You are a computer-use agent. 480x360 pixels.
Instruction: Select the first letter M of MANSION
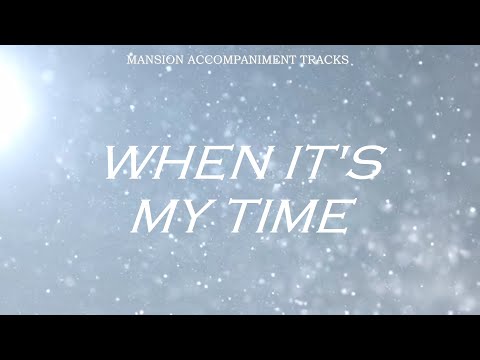133,60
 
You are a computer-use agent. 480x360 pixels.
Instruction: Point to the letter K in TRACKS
333,60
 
